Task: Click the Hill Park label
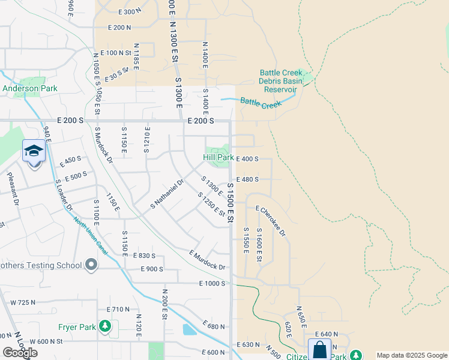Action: click(217, 157)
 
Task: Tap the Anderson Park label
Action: click(29, 88)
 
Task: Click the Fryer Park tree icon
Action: click(106, 326)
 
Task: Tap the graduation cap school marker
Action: click(34, 151)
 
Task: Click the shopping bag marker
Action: click(320, 349)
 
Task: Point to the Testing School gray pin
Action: click(91, 264)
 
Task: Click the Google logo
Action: click(20, 353)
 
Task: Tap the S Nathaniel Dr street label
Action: click(166, 195)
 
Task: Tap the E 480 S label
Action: click(247, 179)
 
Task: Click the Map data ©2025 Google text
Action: click(412, 355)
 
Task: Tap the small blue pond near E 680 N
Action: click(188, 329)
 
